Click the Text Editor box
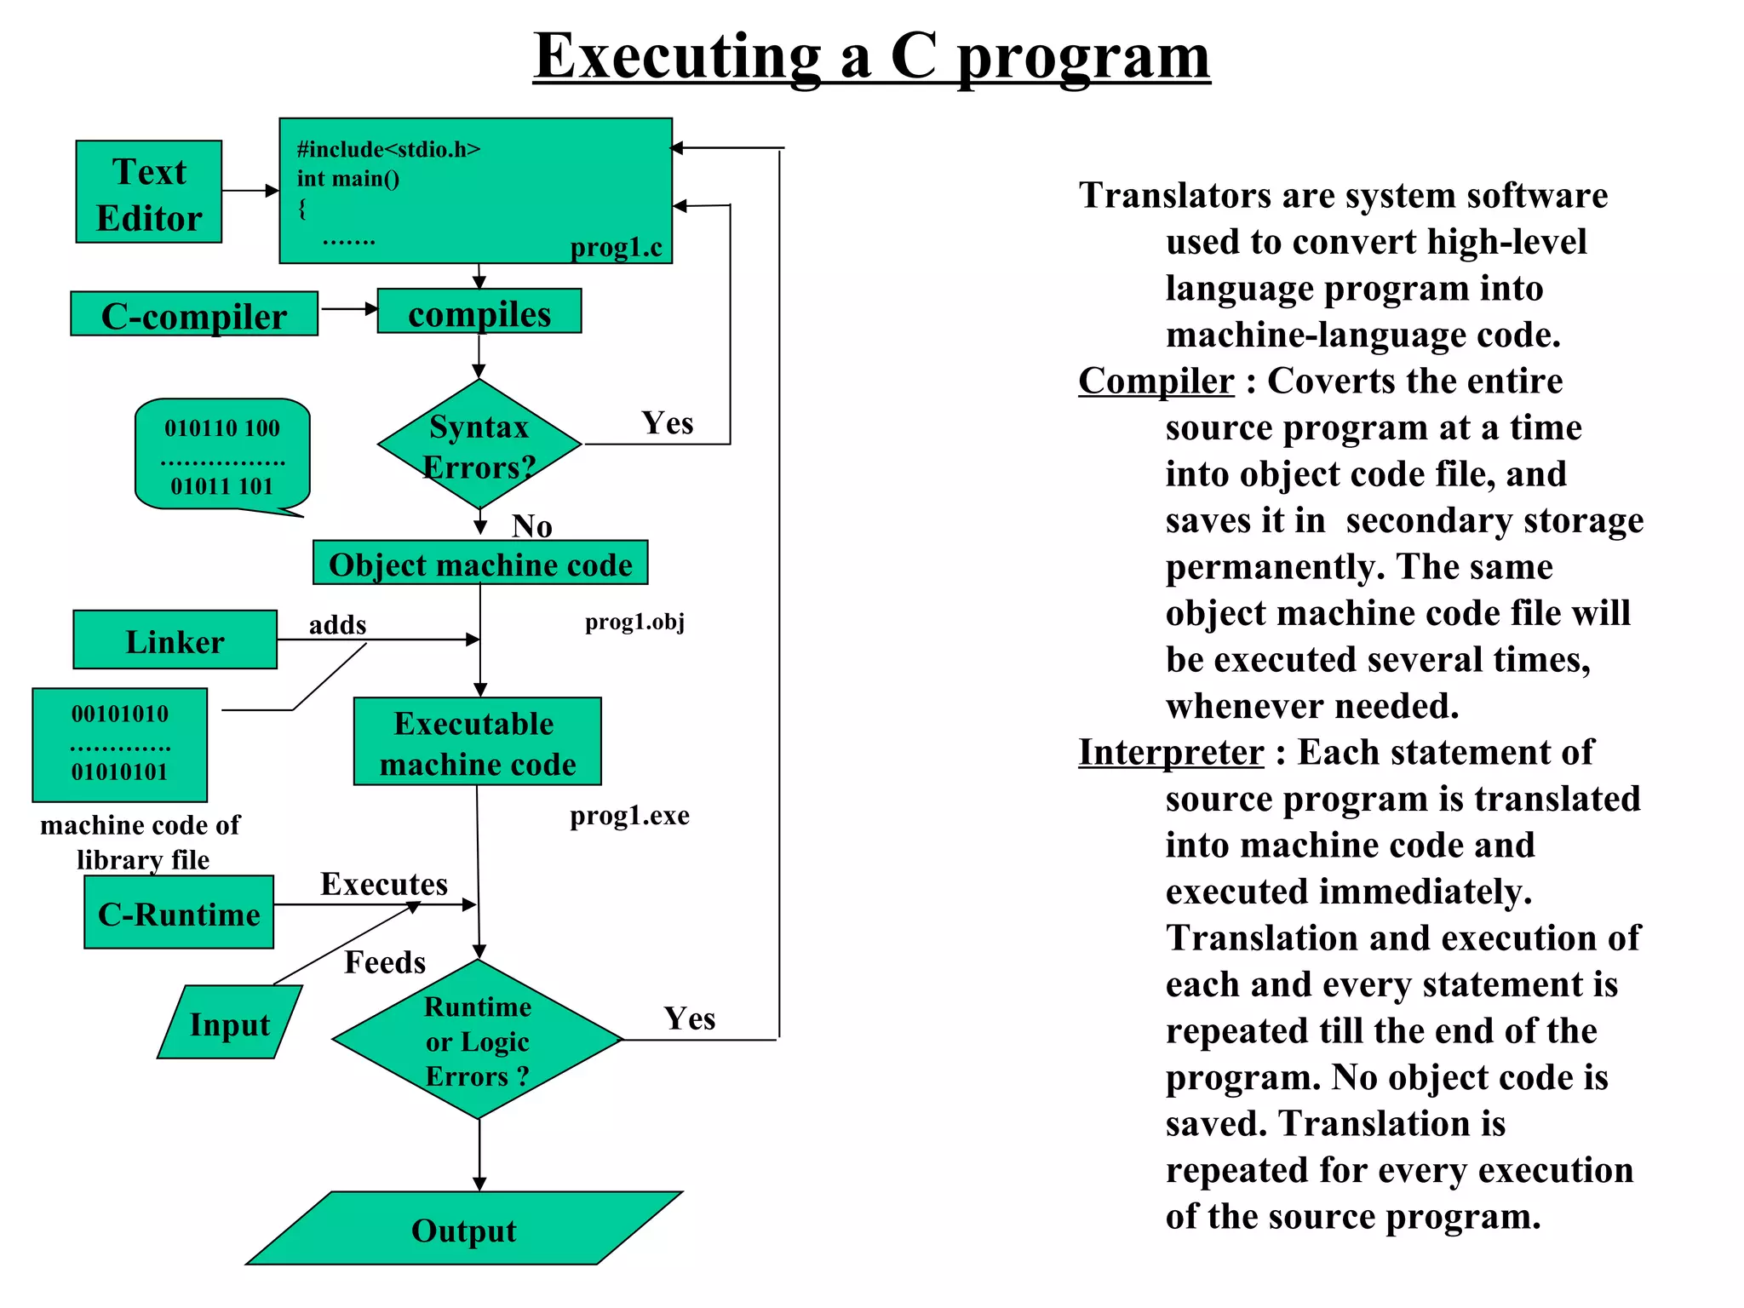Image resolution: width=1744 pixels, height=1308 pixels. pyautogui.click(x=149, y=192)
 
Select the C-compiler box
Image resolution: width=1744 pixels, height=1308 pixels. pyautogui.click(x=194, y=314)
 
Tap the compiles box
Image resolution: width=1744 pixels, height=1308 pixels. pyautogui.click(x=479, y=312)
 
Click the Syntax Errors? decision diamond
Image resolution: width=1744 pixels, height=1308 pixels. pyautogui.click(x=479, y=445)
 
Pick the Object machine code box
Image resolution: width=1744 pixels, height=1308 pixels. pyautogui.click(x=480, y=563)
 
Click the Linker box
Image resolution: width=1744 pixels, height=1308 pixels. pyautogui.click(x=175, y=640)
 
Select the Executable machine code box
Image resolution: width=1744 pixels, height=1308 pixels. pyautogui.click(x=478, y=742)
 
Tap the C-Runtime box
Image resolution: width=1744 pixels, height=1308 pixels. pyautogui.click(x=179, y=913)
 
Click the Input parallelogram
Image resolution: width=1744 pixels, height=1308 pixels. pyautogui.click(x=230, y=1023)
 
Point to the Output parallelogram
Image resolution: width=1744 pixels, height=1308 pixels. pyautogui.click(x=464, y=1229)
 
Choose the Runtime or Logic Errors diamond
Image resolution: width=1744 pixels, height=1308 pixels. pyautogui.click(x=478, y=1040)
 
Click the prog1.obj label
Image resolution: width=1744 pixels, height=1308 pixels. pyautogui.click(x=634, y=622)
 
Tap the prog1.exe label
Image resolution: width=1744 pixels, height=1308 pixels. pyautogui.click(x=629, y=816)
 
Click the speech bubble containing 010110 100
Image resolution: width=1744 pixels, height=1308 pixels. pyautogui.click(x=222, y=456)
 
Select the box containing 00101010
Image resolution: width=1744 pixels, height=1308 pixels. pyautogui.click(x=120, y=744)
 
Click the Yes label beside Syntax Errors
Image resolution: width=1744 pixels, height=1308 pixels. pyautogui.click(x=668, y=423)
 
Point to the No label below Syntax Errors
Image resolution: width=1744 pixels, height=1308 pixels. pyautogui.click(x=532, y=526)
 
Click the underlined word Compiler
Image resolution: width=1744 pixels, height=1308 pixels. pyautogui.click(x=1156, y=381)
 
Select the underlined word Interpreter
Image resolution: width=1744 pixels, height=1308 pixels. pyautogui.click(x=1171, y=752)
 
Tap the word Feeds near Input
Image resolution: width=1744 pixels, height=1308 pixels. pyautogui.click(x=385, y=962)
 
